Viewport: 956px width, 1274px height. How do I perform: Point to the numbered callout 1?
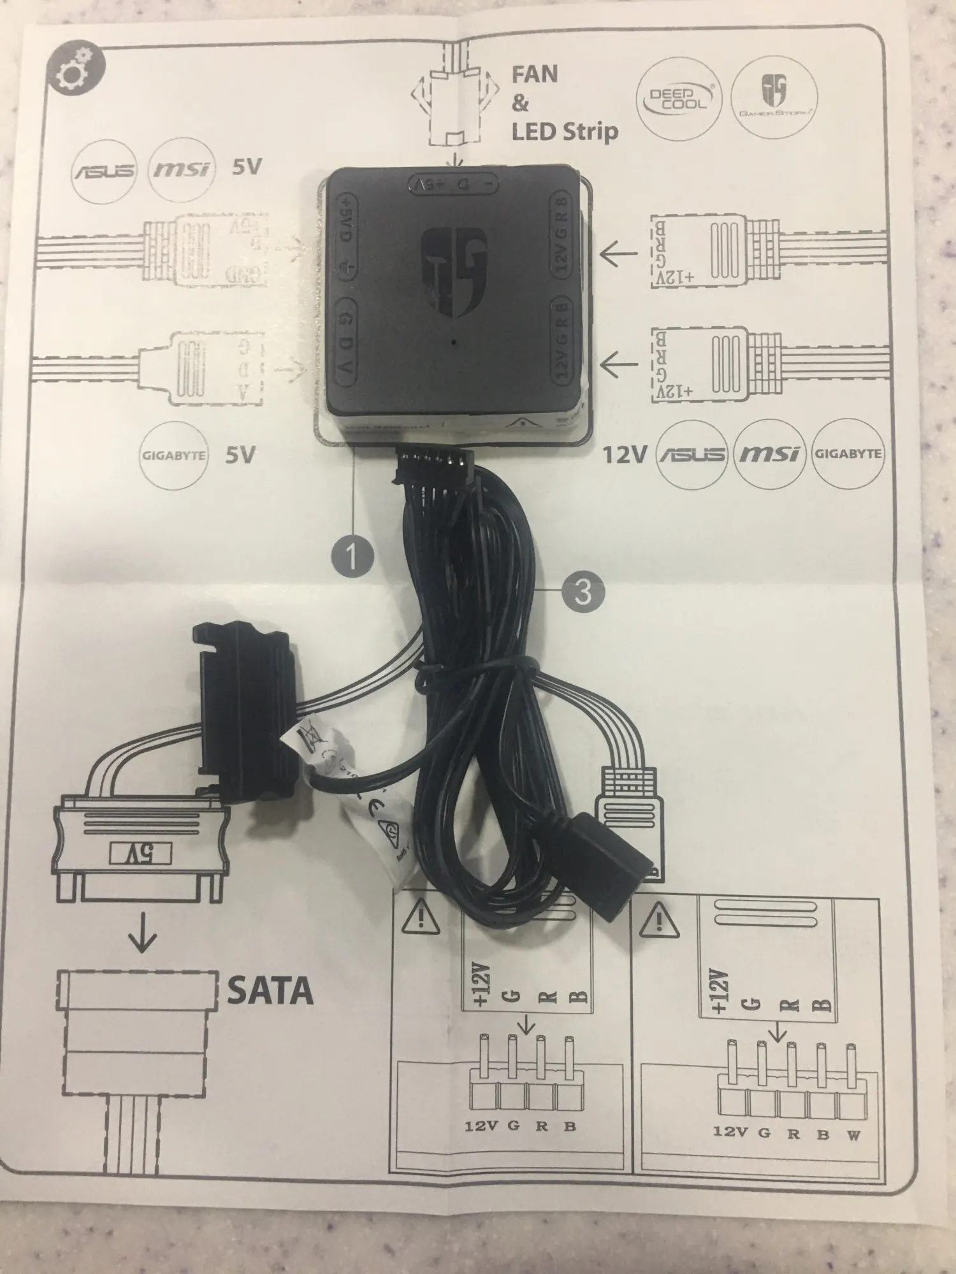click(352, 555)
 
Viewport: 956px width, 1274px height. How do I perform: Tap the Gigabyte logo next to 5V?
click(173, 455)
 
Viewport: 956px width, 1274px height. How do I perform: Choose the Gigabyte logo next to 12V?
click(848, 454)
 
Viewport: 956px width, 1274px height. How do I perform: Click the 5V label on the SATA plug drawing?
click(140, 852)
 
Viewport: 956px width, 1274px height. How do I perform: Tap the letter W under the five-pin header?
click(853, 1135)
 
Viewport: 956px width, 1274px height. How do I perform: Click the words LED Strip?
click(565, 131)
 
